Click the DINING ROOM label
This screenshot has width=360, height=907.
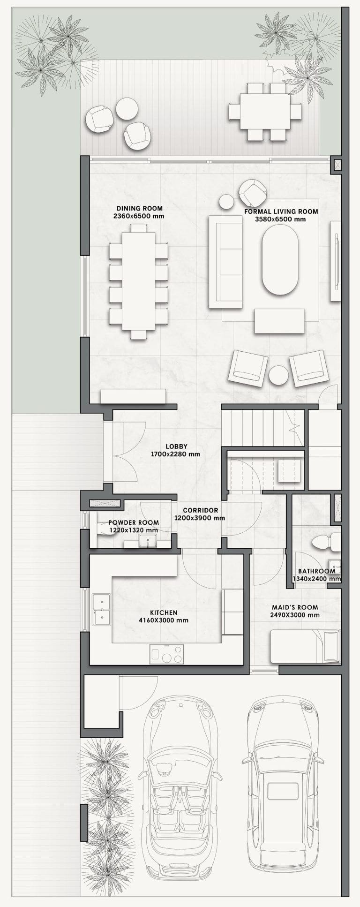[139, 208]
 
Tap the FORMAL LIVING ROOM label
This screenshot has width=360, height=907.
[281, 212]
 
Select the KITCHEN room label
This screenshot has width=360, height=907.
[164, 612]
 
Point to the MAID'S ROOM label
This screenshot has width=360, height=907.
[295, 607]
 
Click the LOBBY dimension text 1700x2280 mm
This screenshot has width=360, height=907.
[175, 454]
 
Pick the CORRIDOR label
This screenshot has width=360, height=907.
[200, 510]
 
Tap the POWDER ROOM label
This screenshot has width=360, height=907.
[134, 522]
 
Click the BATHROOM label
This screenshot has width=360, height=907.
[317, 571]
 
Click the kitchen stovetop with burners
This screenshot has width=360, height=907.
[166, 654]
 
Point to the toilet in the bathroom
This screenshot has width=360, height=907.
[326, 542]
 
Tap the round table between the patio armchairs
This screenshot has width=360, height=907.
[127, 108]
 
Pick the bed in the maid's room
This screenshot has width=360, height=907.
[305, 647]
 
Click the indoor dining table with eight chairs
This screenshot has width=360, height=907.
[138, 281]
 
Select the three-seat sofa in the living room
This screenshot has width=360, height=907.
[225, 262]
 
